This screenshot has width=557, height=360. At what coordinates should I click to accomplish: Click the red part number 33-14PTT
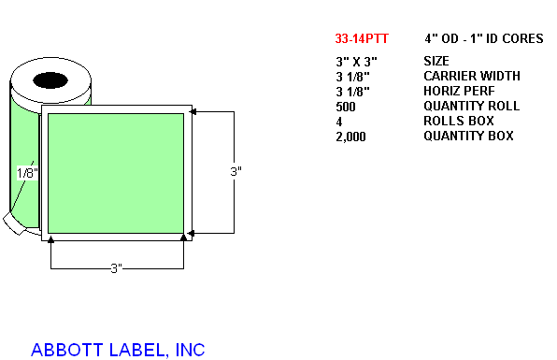[362, 38]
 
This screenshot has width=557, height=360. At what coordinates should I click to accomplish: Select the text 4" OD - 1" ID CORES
[484, 38]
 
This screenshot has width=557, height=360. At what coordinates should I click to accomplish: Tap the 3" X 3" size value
[356, 62]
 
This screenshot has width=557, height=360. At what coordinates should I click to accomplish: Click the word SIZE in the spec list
[436, 61]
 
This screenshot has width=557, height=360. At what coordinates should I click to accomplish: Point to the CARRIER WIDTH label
[472, 76]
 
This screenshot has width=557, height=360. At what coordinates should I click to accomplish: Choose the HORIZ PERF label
[459, 91]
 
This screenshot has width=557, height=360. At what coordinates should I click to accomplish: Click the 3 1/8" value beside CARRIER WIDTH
[352, 77]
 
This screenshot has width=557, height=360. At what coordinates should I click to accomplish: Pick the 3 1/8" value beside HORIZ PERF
[352, 92]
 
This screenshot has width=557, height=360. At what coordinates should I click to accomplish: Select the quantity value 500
[346, 107]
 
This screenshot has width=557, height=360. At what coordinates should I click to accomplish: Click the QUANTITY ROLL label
[471, 106]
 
